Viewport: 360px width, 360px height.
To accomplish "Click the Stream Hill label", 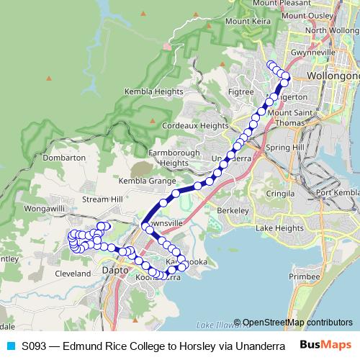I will pyautogui.click(x=103, y=199).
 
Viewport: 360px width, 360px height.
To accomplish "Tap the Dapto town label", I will pyautogui.click(x=115, y=271).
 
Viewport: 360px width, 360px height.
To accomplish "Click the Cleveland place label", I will pyautogui.click(x=73, y=274).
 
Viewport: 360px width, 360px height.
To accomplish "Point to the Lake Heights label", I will pyautogui.click(x=280, y=228).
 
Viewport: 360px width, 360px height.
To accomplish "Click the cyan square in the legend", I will pyautogui.click(x=10, y=346).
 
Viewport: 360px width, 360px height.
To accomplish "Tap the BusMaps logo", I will pyautogui.click(x=325, y=345).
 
